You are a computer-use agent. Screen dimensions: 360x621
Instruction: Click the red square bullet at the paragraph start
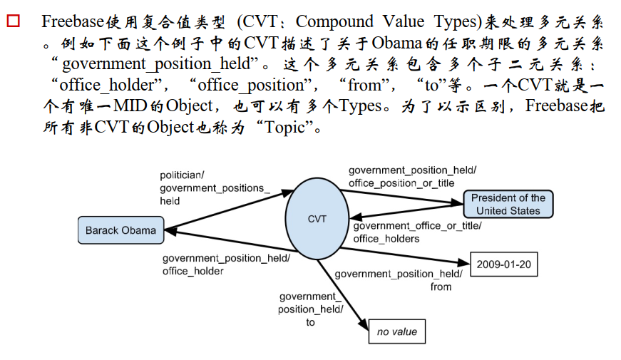point(13,22)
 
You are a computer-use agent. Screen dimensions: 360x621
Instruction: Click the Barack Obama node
point(120,230)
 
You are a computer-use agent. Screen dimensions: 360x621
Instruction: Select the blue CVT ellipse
point(317,218)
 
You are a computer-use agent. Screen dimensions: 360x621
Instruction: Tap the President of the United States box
point(508,204)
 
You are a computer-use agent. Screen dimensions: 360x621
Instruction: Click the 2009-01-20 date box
point(503,265)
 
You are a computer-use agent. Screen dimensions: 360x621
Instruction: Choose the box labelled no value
point(397,331)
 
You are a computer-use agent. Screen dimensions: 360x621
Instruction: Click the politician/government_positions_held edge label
point(215,187)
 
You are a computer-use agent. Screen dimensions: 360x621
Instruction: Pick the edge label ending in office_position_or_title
point(412,176)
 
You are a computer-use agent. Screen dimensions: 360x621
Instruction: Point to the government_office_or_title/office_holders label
point(417,232)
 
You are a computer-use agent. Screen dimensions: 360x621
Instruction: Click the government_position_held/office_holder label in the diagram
point(225,264)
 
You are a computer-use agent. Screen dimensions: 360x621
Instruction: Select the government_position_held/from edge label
point(398,280)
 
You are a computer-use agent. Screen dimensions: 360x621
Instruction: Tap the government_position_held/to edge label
point(310,309)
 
